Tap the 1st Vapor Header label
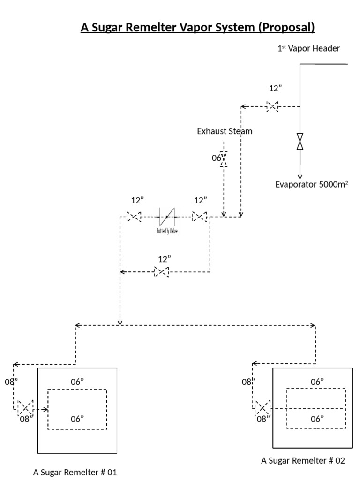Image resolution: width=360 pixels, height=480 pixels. click(x=308, y=48)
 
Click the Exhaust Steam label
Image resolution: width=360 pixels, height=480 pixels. click(x=225, y=131)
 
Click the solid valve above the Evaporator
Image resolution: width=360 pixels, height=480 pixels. click(x=300, y=141)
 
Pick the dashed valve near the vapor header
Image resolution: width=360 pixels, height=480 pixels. click(x=272, y=106)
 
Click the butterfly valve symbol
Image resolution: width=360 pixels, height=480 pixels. click(x=166, y=217)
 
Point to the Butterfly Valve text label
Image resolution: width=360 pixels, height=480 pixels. click(x=166, y=231)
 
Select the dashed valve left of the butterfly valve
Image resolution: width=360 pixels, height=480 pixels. click(x=134, y=217)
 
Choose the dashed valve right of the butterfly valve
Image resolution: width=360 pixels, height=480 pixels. click(x=200, y=217)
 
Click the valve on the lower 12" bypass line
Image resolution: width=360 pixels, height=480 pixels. click(x=161, y=271)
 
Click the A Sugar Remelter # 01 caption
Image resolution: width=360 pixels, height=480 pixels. click(x=75, y=472)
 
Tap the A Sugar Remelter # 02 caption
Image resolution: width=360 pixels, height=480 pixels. click(x=303, y=460)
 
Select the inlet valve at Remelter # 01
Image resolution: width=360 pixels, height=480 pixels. click(x=25, y=406)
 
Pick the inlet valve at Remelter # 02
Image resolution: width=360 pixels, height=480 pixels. click(x=262, y=406)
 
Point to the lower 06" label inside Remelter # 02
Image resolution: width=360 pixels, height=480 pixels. click(x=317, y=419)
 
